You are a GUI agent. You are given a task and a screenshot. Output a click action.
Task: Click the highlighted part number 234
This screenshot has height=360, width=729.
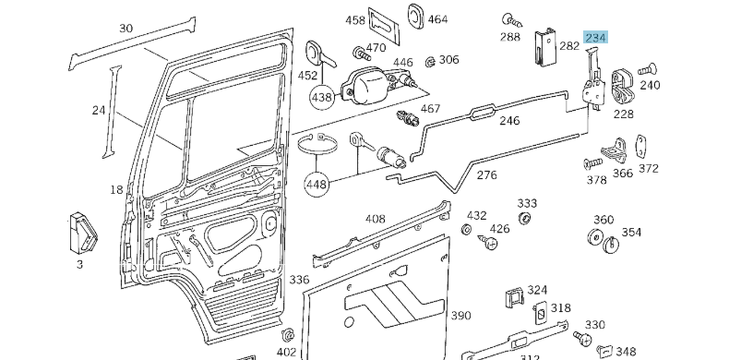click(595, 38)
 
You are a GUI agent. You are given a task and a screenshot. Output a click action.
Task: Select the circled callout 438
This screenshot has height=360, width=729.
click(321, 96)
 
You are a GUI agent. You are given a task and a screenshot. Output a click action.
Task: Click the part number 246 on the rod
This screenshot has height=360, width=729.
click(509, 121)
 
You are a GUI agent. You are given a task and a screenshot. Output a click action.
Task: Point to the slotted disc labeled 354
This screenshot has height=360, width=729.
click(611, 244)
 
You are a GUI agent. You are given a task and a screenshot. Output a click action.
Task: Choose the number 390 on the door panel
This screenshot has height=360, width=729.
click(460, 316)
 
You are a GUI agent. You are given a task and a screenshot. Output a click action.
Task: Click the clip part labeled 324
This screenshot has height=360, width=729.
click(514, 299)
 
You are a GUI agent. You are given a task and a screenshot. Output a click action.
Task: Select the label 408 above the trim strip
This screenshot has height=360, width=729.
click(375, 220)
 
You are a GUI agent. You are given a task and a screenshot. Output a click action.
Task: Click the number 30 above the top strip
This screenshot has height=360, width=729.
click(126, 28)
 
